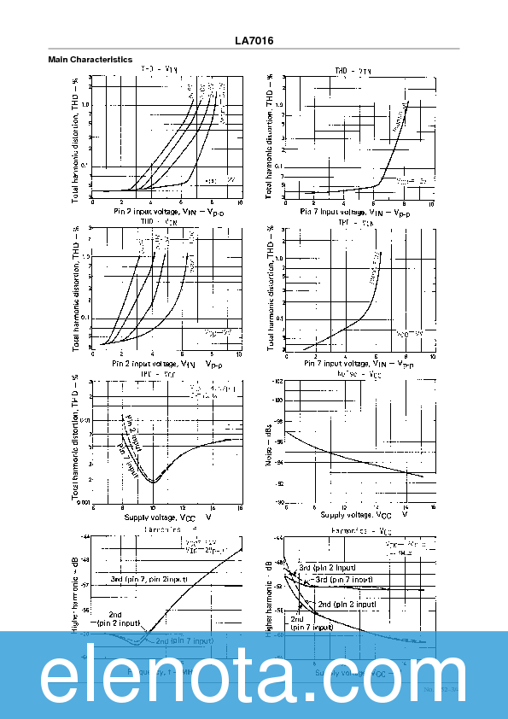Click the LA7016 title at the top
pyautogui.click(x=254, y=40)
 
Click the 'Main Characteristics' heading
pyautogui.click(x=90, y=60)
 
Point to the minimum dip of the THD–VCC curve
pyautogui.click(x=154, y=482)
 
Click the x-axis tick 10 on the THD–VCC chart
pyautogui.click(x=153, y=508)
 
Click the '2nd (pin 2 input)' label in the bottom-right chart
pyautogui.click(x=347, y=604)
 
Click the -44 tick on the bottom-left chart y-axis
pyautogui.click(x=85, y=536)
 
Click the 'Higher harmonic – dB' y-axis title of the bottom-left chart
pyautogui.click(x=75, y=593)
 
